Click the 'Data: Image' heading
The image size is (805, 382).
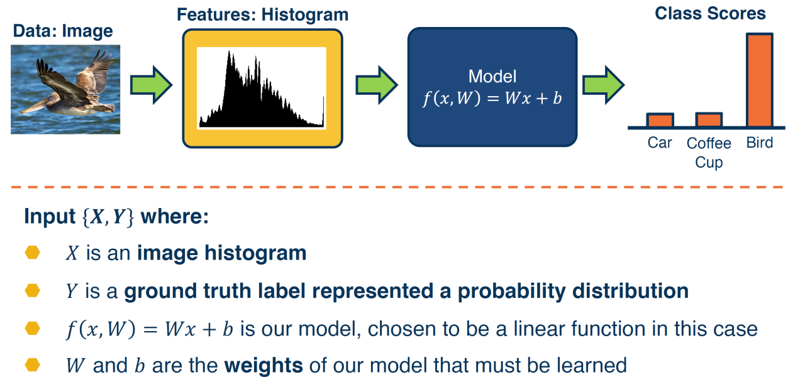(x=63, y=31)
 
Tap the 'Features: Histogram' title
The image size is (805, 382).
(x=263, y=15)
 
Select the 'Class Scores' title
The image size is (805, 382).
(x=710, y=14)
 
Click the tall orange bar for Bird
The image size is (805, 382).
(x=759, y=80)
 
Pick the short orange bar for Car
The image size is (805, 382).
(x=660, y=120)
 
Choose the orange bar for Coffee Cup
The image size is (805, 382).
(x=709, y=120)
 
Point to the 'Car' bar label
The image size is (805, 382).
(x=660, y=143)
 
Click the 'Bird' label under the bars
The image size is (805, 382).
(x=759, y=143)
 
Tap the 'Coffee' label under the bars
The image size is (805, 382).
(x=709, y=143)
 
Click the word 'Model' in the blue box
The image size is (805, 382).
(x=492, y=76)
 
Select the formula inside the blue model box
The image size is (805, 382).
(x=492, y=98)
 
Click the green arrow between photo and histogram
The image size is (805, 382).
(x=151, y=85)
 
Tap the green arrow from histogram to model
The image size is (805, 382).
(x=377, y=85)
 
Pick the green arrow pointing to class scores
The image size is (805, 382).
(x=603, y=85)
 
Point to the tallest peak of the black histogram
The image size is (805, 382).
(x=229, y=52)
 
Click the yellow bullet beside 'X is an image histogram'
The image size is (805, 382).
(x=32, y=253)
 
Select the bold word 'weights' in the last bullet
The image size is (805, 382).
(x=264, y=366)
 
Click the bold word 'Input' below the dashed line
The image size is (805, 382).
(x=50, y=217)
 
